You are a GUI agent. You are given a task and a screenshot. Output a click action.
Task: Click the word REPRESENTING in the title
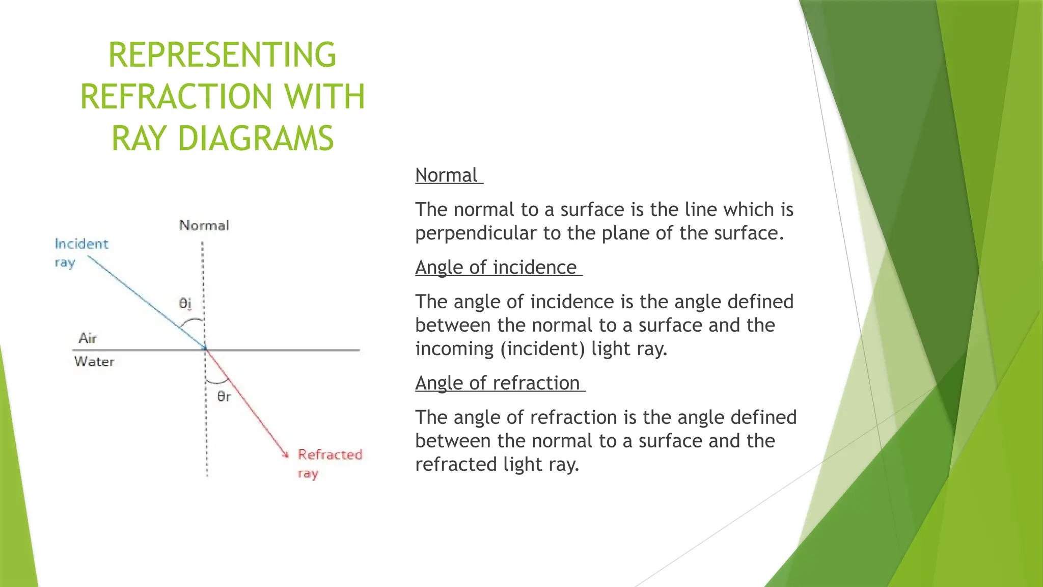point(222,55)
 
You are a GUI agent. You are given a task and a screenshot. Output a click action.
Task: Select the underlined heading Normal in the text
point(446,175)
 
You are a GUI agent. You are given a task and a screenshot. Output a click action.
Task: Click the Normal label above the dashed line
point(204,225)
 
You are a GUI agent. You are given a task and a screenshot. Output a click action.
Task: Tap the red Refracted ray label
point(329,463)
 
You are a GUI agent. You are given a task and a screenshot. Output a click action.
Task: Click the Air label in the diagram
point(88,338)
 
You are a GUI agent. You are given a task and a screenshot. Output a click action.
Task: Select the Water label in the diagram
point(94,362)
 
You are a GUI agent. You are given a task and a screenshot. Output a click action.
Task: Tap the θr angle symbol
point(224,396)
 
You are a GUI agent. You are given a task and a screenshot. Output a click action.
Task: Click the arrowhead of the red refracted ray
point(286,455)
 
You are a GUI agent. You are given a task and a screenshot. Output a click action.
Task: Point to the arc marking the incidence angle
point(192,321)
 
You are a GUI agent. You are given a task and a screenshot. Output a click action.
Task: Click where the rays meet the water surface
point(205,350)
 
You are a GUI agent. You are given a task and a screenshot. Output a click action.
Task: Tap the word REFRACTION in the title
point(176,97)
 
